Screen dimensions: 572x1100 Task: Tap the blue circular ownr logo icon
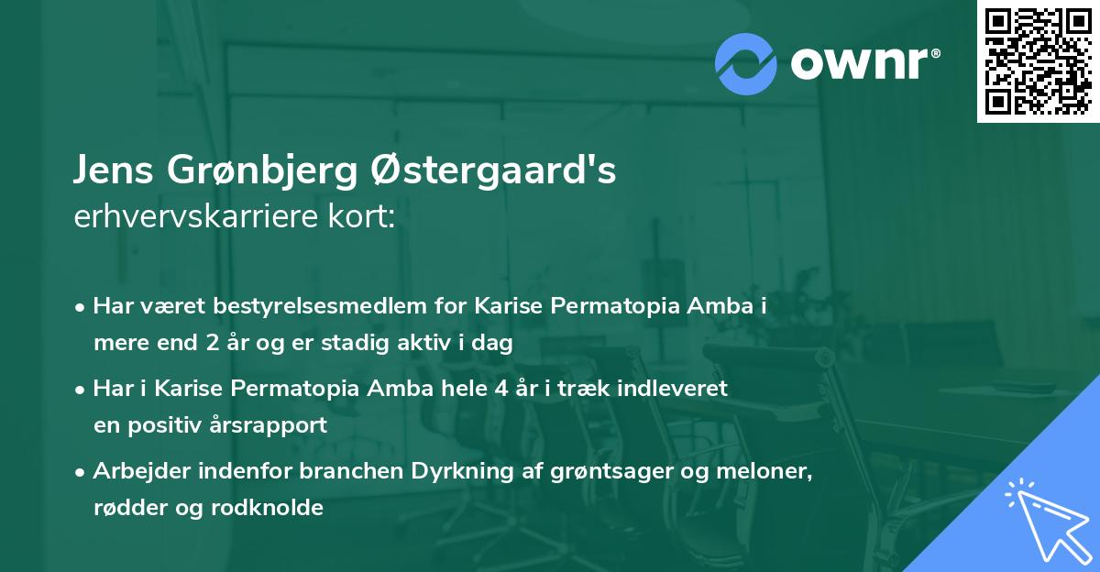pos(746,63)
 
